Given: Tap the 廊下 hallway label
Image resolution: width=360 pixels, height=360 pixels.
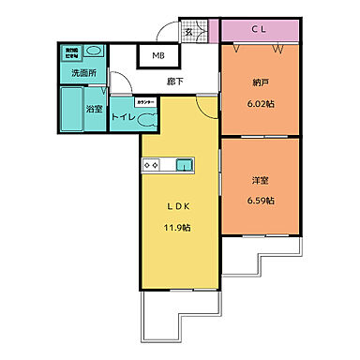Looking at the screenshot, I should (x=175, y=82).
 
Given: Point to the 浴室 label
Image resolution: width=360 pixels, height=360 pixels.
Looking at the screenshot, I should (x=94, y=110).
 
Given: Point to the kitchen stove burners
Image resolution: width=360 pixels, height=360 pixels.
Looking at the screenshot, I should (x=152, y=166).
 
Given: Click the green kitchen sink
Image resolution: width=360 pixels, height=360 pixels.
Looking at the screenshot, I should (x=183, y=166).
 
